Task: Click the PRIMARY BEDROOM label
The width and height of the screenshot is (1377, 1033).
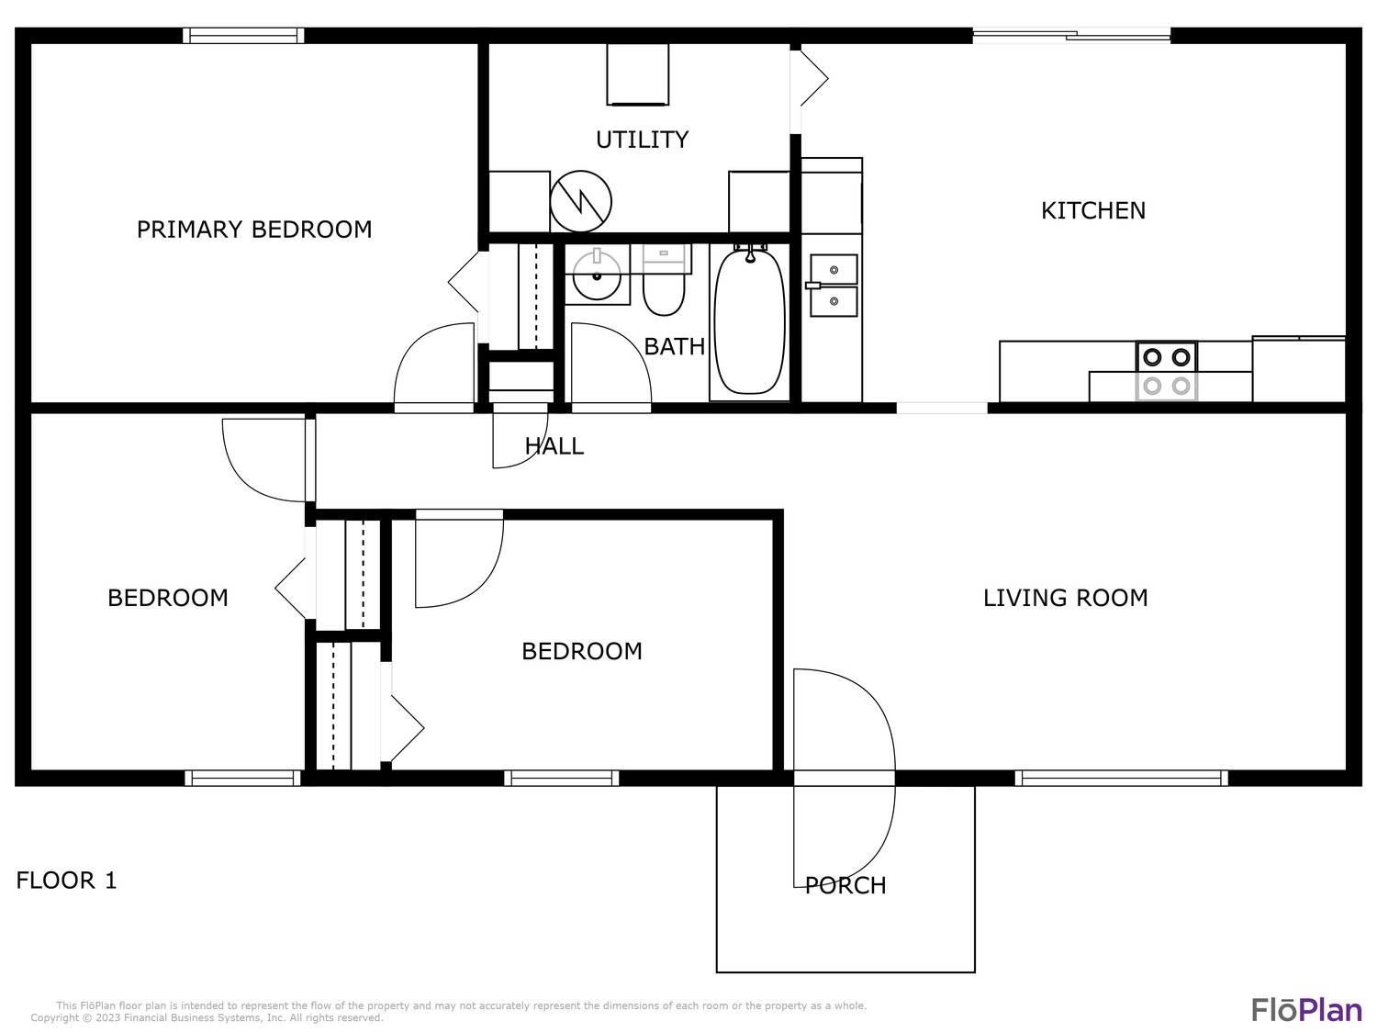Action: (254, 230)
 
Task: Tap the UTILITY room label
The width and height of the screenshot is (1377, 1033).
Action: (642, 140)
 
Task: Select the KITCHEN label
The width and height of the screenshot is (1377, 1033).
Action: (1092, 210)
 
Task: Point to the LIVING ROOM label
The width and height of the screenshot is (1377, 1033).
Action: (1065, 598)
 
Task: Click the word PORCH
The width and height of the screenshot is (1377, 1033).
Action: (845, 885)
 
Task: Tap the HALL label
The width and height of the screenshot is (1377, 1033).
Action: (554, 446)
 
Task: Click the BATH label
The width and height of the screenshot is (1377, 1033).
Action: (675, 346)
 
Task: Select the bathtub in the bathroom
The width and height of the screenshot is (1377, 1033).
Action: (750, 321)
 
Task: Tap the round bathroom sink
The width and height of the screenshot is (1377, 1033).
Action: (597, 275)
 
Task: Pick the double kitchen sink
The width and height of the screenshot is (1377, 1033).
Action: (834, 286)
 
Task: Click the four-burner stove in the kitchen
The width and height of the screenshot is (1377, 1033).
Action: (1166, 371)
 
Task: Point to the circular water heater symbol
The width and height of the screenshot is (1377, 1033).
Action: (580, 201)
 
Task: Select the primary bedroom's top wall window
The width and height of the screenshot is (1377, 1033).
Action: (243, 36)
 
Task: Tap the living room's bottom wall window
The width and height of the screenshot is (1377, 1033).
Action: (1121, 778)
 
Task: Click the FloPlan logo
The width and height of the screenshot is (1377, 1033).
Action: (1306, 1010)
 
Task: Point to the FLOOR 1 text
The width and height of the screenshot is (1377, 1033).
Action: (66, 881)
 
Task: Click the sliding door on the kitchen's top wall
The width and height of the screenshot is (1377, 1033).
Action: (1071, 36)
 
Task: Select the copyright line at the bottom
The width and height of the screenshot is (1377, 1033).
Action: (207, 1018)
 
